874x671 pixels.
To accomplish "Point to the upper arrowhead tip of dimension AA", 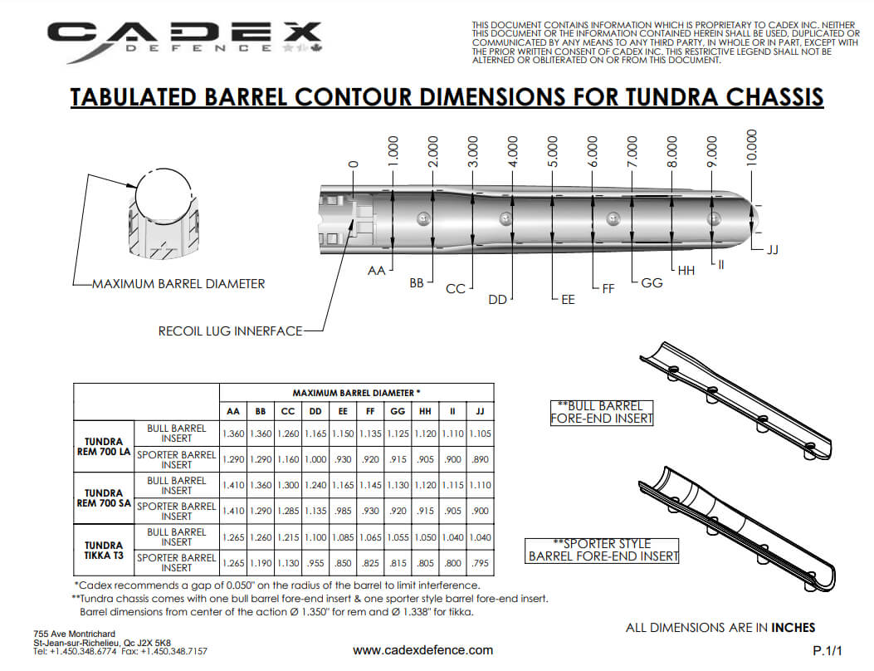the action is tap(393, 191).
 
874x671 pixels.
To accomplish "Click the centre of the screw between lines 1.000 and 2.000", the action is tap(423, 218).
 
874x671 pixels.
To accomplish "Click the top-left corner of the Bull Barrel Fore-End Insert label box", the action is tap(550, 400).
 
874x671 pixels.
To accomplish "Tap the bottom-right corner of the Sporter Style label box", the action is tap(679, 563).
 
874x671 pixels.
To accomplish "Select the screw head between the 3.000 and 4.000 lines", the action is tap(505, 218).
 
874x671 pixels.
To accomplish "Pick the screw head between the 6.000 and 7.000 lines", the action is tap(613, 218).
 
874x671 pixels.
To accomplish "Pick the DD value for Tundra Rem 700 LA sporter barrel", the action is tap(315, 459).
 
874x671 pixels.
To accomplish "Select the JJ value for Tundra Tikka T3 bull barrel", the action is tap(480, 537).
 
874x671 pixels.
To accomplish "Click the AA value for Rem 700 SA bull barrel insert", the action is tap(233, 485).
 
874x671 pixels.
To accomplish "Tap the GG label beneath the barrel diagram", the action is tap(652, 283).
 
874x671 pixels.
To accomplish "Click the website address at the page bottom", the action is tap(423, 649).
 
